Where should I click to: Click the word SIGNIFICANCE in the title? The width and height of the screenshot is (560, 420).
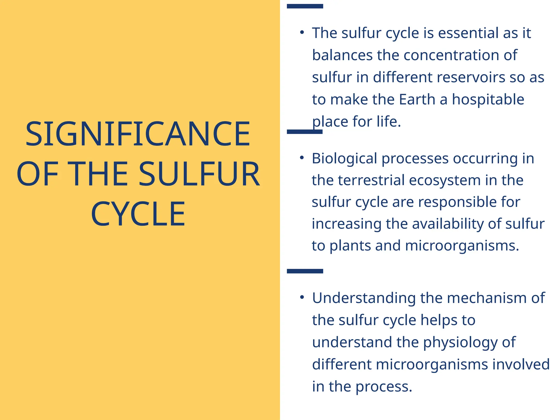click(138, 134)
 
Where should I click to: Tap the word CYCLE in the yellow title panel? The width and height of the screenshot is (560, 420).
click(138, 214)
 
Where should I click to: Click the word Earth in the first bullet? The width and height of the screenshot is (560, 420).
click(417, 99)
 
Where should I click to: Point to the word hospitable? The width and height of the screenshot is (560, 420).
click(488, 99)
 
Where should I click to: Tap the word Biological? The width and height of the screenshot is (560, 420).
click(344, 159)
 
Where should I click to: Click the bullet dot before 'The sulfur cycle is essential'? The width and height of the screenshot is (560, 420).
click(302, 33)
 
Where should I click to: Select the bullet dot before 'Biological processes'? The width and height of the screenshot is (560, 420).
click(302, 158)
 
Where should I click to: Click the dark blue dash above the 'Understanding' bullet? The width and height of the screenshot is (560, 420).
click(305, 271)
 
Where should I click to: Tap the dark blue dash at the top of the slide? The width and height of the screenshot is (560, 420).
click(305, 6)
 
